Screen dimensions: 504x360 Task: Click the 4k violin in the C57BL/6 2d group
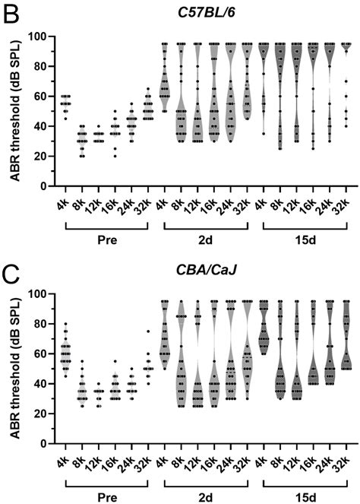pos(165,84)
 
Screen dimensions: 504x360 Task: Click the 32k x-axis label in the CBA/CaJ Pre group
pos(149,459)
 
